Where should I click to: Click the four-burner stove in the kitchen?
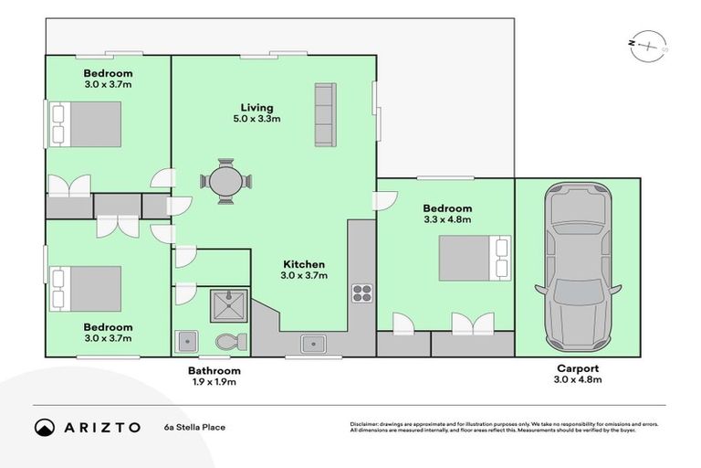coord(361,293)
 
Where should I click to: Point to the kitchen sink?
coord(313,343)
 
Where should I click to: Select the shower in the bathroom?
coord(224,305)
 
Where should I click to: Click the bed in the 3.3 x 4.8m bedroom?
coord(474,258)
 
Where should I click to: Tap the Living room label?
coord(256,107)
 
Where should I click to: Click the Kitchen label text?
coord(303,262)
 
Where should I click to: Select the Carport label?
coord(577,369)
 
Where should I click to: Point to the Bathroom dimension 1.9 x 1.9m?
coord(214,382)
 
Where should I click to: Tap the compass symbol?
coord(650,45)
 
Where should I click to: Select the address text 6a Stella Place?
coord(194,427)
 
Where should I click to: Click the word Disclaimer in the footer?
coord(367,424)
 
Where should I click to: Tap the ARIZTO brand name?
coord(102,427)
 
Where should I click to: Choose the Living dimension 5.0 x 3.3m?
coord(256,119)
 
